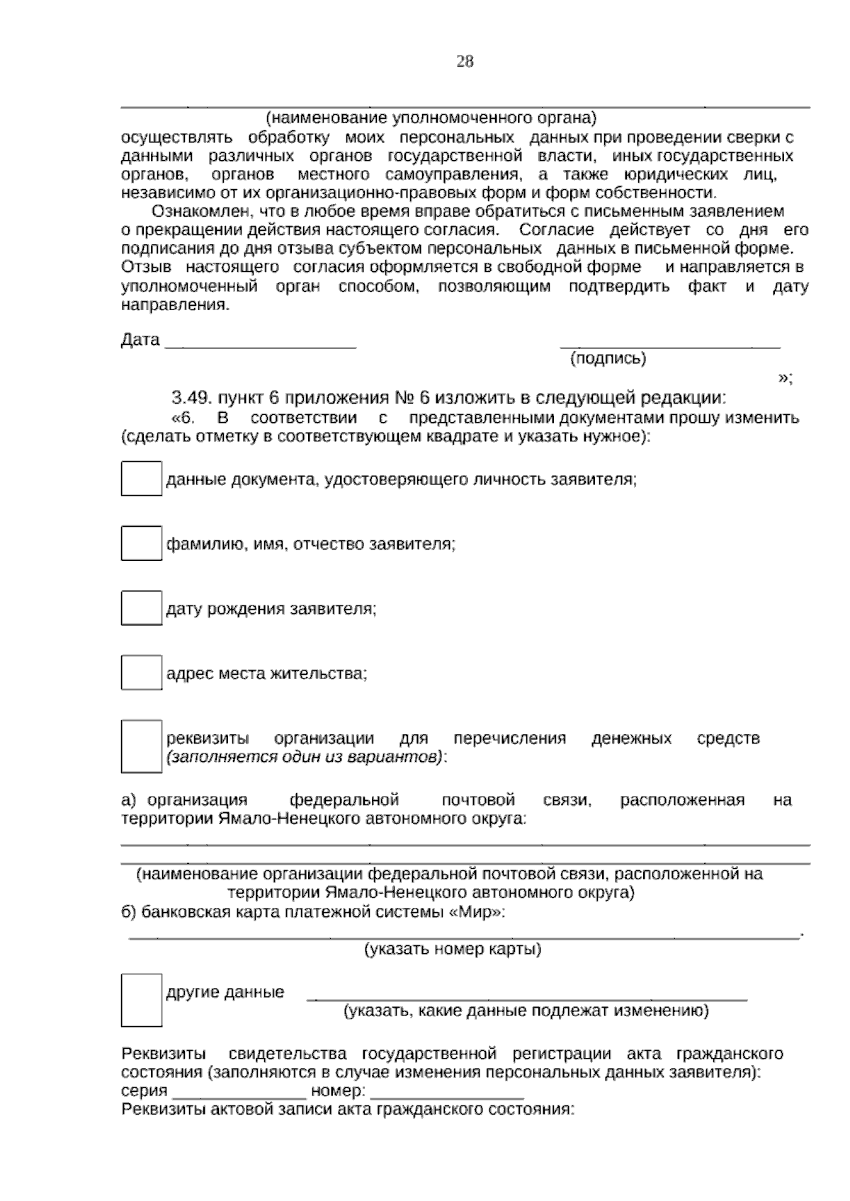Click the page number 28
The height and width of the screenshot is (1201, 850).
tap(465, 62)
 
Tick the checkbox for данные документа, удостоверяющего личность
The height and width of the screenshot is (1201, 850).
tap(141, 479)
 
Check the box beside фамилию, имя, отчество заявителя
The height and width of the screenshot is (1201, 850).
tap(141, 543)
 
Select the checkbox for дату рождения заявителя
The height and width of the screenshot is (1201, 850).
tap(141, 608)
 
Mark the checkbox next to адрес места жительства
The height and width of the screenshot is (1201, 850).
tap(141, 673)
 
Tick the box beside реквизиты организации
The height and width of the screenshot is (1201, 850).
tap(141, 746)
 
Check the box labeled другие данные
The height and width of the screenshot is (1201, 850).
tap(141, 999)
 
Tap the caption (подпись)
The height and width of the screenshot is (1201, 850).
tap(608, 359)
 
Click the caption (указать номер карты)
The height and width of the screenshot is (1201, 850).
tap(453, 949)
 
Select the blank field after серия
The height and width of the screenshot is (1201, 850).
tap(239, 1090)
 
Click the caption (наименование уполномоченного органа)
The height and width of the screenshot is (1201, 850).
tap(431, 117)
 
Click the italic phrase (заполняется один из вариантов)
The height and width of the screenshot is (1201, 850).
tap(307, 757)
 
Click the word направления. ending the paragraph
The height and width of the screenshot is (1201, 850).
tap(176, 305)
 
